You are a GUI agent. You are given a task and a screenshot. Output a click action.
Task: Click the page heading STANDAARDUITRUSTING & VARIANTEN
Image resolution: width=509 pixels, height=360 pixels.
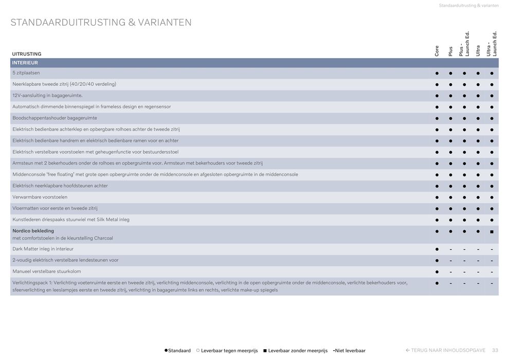point(101,23)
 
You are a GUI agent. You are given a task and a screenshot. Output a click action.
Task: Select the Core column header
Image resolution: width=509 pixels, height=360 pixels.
point(437,50)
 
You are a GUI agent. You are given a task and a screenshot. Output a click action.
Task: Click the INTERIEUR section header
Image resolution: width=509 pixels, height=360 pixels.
point(25,63)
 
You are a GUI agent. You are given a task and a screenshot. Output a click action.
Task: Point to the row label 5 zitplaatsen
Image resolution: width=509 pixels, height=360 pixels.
point(26,73)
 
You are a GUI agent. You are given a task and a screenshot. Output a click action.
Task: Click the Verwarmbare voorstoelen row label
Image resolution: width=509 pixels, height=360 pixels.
point(40,197)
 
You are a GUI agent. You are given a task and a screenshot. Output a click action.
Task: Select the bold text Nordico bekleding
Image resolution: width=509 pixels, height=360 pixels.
point(33,231)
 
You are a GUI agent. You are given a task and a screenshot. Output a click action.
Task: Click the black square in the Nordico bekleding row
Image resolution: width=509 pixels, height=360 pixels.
point(492,232)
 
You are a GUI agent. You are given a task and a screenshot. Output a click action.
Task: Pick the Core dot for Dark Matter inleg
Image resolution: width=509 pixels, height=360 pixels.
point(437,249)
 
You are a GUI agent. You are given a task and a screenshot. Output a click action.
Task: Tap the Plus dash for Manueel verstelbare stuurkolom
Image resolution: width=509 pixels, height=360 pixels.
point(450,272)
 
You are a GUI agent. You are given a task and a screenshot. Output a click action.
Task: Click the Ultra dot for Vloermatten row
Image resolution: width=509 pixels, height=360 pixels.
point(478,209)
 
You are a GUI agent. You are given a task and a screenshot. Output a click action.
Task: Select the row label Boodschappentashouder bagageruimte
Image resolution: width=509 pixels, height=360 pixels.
point(54,118)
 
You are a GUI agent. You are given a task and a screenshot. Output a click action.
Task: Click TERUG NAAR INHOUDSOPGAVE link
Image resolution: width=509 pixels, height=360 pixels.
point(445,350)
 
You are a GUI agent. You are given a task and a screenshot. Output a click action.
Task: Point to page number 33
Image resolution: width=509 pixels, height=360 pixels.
point(495,350)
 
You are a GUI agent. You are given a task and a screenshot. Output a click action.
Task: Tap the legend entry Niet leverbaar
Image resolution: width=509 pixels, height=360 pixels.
point(350,351)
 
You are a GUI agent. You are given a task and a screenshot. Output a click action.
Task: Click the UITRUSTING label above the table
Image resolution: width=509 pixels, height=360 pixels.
point(27,54)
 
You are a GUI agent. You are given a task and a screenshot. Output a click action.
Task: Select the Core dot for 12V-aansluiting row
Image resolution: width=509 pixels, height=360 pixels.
point(437,96)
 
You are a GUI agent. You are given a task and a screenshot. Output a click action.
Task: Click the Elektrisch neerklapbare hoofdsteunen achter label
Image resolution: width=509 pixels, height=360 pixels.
point(60,186)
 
